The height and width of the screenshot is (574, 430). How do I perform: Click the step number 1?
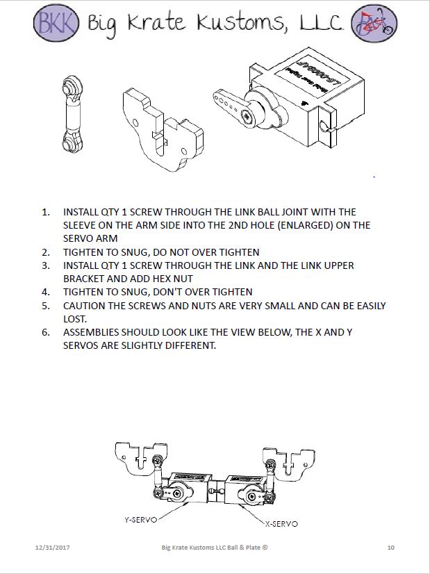(x=45, y=211)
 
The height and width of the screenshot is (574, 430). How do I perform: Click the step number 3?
(x=45, y=265)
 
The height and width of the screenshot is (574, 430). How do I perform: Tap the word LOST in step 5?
(x=76, y=319)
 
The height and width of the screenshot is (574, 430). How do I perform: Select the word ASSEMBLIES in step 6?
(x=94, y=332)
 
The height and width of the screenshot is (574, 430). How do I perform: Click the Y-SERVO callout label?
(x=139, y=519)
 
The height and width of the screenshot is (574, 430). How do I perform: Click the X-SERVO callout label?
(x=281, y=523)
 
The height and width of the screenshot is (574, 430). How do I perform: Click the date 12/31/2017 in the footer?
(x=52, y=548)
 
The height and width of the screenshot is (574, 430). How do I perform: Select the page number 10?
(x=390, y=548)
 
